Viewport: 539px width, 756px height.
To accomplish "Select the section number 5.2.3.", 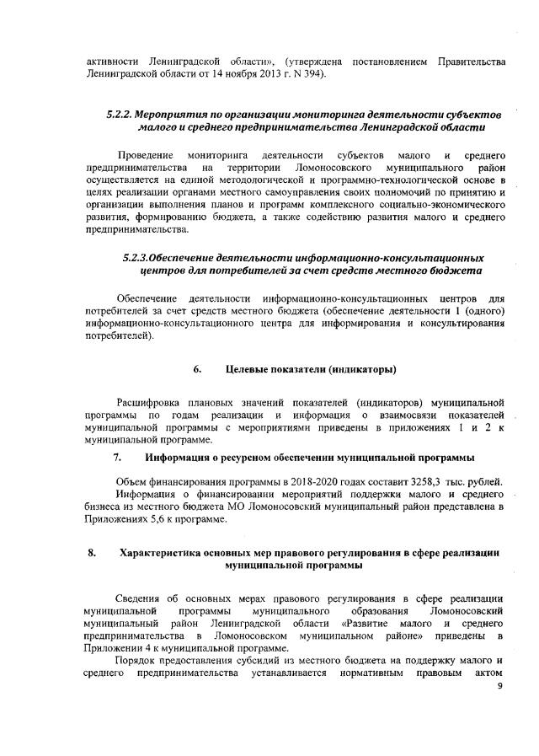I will point(139,256).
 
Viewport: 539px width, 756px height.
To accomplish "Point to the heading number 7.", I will point(118,458).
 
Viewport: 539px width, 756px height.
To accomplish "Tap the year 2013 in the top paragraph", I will point(252,75).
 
